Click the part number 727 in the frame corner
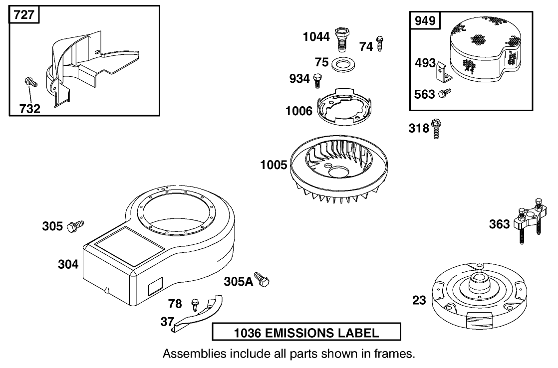pos(24,15)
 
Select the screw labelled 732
pos(31,82)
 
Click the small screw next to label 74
pos(380,44)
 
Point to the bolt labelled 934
pos(317,81)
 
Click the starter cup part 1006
pos(344,106)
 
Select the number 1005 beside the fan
pos(274,165)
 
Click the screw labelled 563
pos(445,94)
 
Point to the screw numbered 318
pos(436,129)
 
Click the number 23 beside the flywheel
pos(419,301)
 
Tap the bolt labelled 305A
pos(263,280)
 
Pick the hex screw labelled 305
pos(75,226)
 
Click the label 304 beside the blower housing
pos(68,264)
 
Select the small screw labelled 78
pos(195,305)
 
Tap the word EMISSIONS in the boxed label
pos(298,333)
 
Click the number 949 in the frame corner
pos(425,20)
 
